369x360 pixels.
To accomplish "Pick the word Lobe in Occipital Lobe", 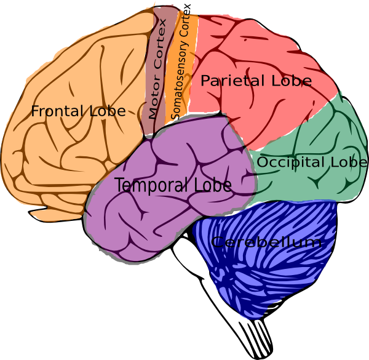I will point(349,162).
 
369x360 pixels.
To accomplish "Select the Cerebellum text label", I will point(266,242).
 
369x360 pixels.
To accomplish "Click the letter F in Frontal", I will point(35,112).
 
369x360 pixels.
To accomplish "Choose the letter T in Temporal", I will point(119,185).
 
